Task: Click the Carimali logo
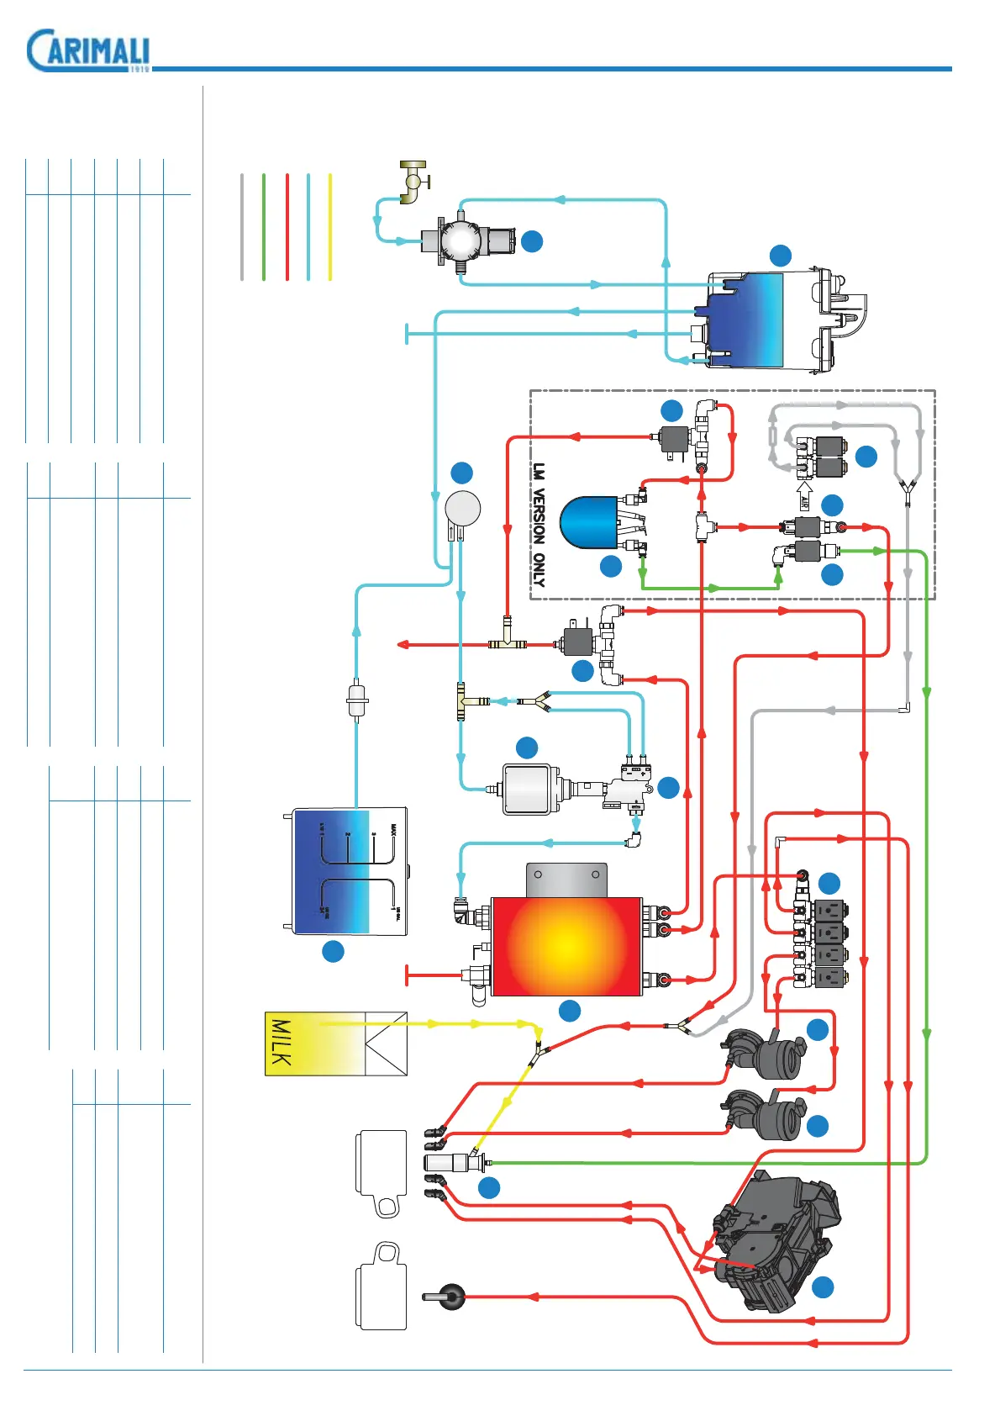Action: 88,51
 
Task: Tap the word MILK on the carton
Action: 282,1044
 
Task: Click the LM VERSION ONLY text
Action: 539,525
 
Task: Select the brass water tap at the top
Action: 413,182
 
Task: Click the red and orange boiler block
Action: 566,946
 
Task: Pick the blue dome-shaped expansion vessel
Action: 590,522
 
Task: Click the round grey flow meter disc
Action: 462,508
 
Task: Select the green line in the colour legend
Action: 264,227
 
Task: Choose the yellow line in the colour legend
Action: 330,227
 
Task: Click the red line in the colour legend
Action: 287,227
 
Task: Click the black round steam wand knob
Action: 451,1297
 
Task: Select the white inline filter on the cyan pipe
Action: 357,700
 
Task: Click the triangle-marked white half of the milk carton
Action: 387,1044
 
